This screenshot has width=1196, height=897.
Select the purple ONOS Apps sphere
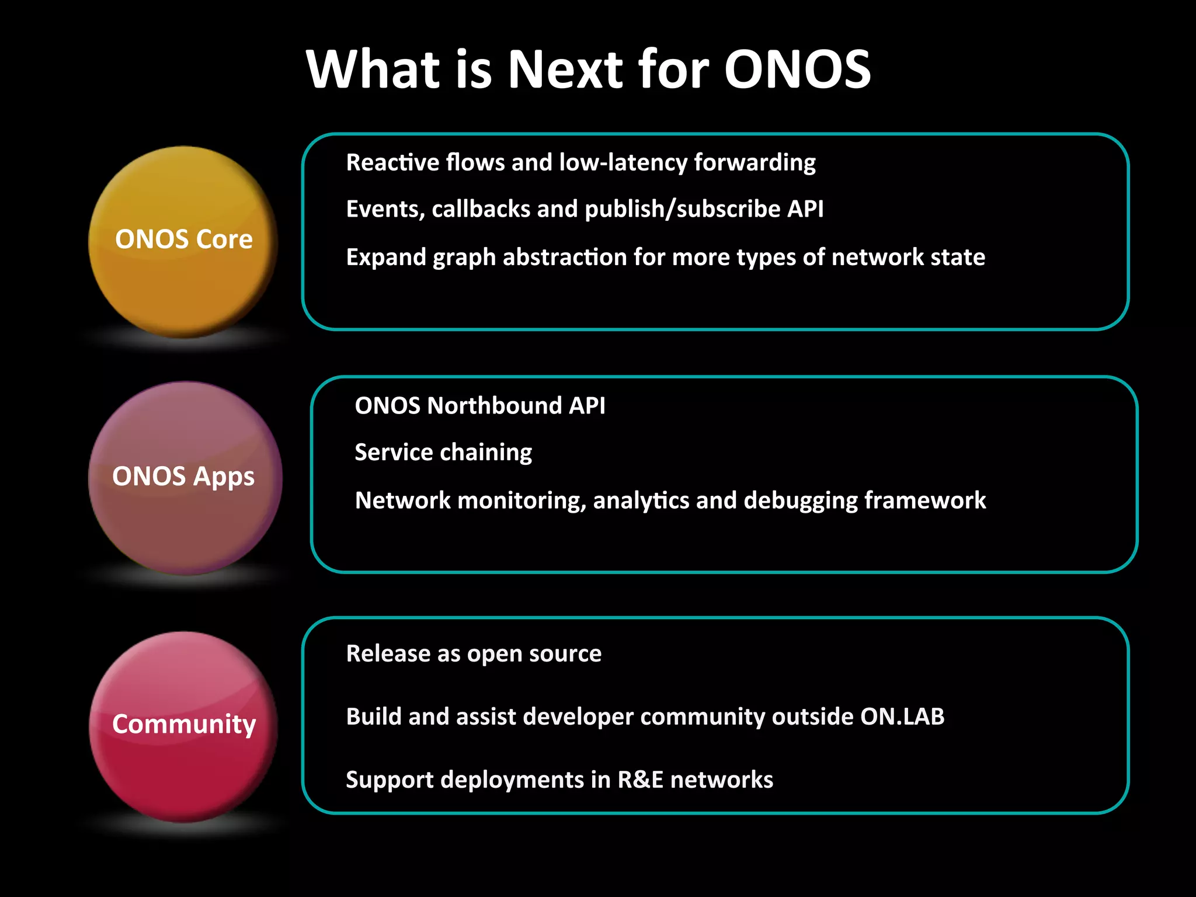[185, 477]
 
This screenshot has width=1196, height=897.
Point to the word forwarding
[755, 162]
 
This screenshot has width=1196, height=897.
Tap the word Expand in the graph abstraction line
[385, 257]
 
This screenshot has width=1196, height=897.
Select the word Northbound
[494, 406]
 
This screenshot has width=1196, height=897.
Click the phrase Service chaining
[443, 453]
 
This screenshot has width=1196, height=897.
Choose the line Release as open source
[474, 653]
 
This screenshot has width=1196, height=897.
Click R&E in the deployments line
[641, 780]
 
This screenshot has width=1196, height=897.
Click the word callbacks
[481, 209]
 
